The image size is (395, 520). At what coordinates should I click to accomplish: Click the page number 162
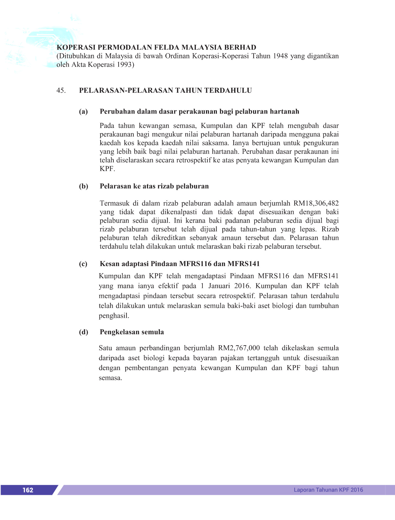pyautogui.click(x=28, y=490)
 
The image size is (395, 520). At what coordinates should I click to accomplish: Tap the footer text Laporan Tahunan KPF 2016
pyautogui.click(x=328, y=490)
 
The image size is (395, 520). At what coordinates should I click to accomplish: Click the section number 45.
pyautogui.click(x=61, y=90)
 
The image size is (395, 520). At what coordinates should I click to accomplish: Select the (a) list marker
pyautogui.click(x=83, y=112)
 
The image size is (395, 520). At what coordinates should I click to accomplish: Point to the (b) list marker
pyautogui.click(x=83, y=186)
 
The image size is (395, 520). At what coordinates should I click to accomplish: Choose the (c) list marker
pyautogui.click(x=83, y=264)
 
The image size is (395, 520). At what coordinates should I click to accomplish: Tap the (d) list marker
pyautogui.click(x=83, y=332)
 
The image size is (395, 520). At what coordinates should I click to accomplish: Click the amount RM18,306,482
pyautogui.click(x=316, y=203)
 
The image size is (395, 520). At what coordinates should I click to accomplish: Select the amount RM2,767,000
pyautogui.click(x=239, y=348)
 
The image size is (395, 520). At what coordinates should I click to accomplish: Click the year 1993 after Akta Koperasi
pyautogui.click(x=124, y=65)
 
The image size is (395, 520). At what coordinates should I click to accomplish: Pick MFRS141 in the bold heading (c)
pyautogui.click(x=243, y=264)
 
